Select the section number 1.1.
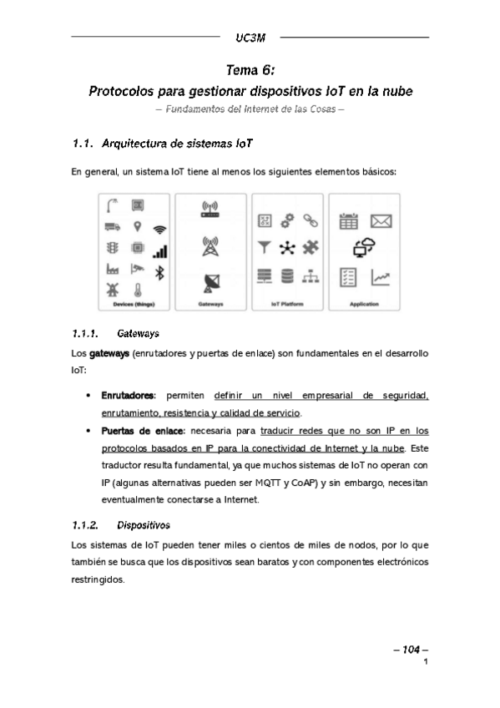tap(83, 144)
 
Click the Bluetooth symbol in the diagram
tap(162, 273)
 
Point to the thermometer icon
tap(137, 290)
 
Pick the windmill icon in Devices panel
tap(111, 290)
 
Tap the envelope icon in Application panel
tap(381, 221)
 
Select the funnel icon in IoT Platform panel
tap(265, 247)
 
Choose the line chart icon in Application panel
tap(381, 276)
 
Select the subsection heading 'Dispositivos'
tap(144, 526)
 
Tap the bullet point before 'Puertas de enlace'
tap(88, 432)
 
